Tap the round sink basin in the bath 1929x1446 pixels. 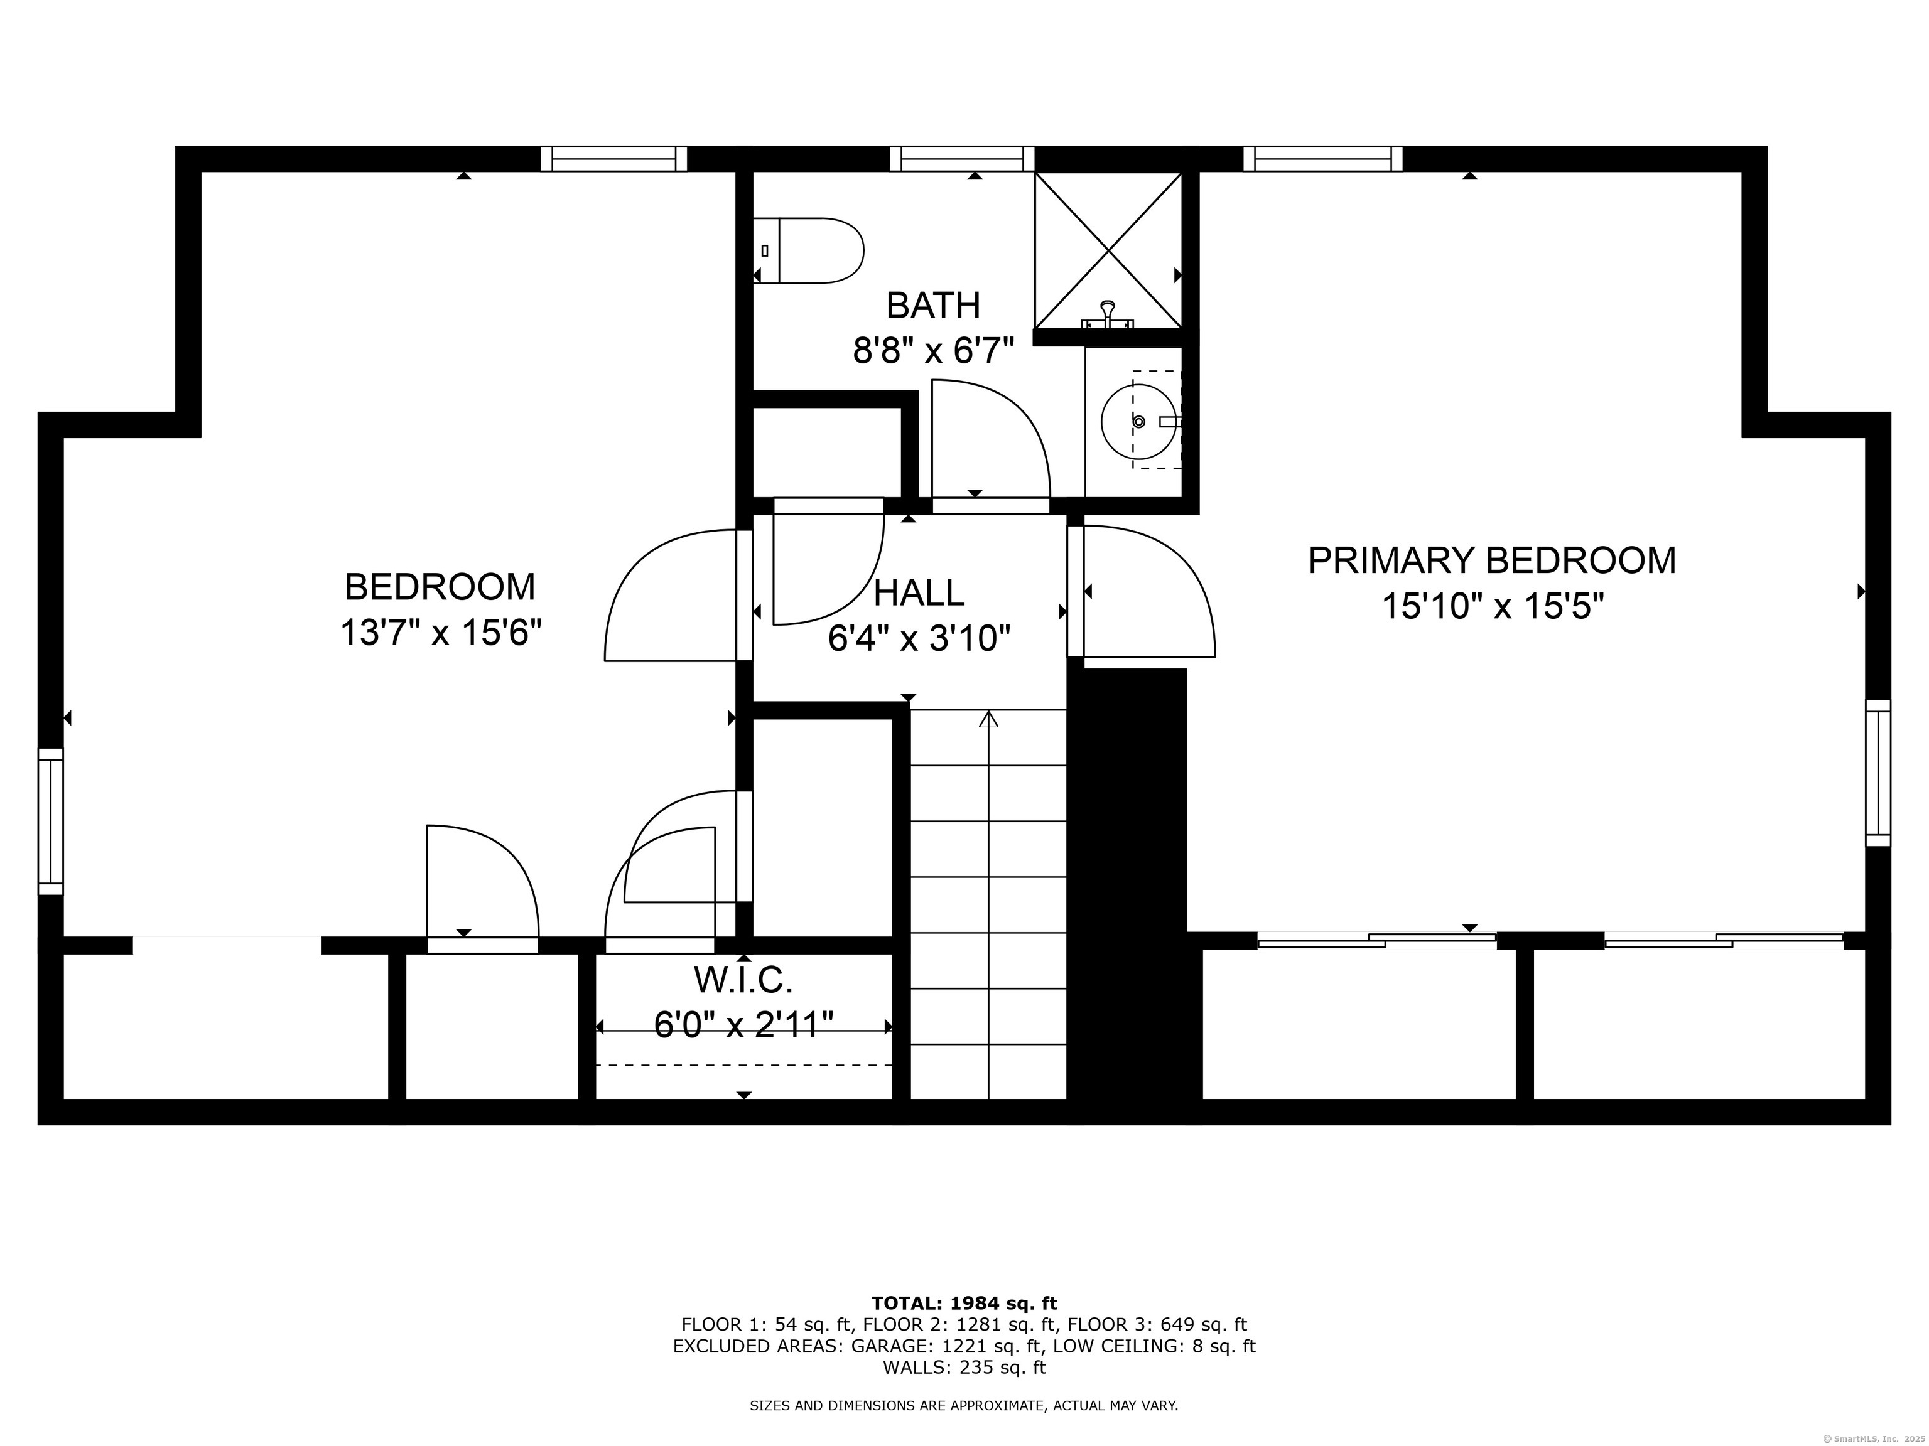pyautogui.click(x=1138, y=422)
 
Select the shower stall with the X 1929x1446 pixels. pyautogui.click(x=1108, y=250)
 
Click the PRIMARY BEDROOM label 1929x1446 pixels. pyautogui.click(x=1492, y=560)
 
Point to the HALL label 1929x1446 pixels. pyautogui.click(x=919, y=592)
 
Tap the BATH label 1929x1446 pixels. pyautogui.click(x=933, y=306)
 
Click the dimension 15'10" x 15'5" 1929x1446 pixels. pyautogui.click(x=1492, y=606)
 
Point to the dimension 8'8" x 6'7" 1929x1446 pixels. pyautogui.click(x=933, y=352)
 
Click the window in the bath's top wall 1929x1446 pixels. pyautogui.click(x=962, y=159)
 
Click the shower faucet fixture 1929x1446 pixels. pyautogui.click(x=1108, y=316)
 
